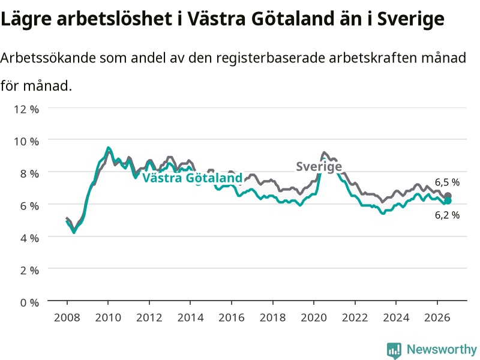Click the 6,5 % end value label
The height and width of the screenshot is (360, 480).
(447, 182)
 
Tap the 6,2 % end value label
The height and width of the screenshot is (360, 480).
(447, 215)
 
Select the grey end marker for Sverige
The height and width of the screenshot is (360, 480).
(448, 196)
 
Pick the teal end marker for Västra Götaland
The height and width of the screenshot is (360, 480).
(448, 201)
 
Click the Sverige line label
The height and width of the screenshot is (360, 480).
(319, 167)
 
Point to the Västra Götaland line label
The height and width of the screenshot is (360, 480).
(193, 178)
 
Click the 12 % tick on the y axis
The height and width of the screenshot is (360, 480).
(26, 109)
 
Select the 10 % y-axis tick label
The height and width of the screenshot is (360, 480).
(26, 142)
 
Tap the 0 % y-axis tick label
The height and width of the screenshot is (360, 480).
(29, 303)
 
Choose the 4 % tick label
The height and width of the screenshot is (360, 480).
(29, 238)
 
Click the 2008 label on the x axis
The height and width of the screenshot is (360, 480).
(67, 317)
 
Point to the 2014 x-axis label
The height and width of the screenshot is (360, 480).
(190, 317)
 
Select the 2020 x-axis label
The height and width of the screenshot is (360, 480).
(313, 317)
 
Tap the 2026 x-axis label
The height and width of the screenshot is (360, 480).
(437, 317)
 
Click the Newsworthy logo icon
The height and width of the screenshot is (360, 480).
(394, 350)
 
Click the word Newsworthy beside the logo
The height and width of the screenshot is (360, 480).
(442, 349)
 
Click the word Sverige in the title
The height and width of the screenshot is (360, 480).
(411, 19)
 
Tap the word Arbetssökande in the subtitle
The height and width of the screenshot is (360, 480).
(48, 58)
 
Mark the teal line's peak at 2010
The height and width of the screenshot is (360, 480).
(108, 148)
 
